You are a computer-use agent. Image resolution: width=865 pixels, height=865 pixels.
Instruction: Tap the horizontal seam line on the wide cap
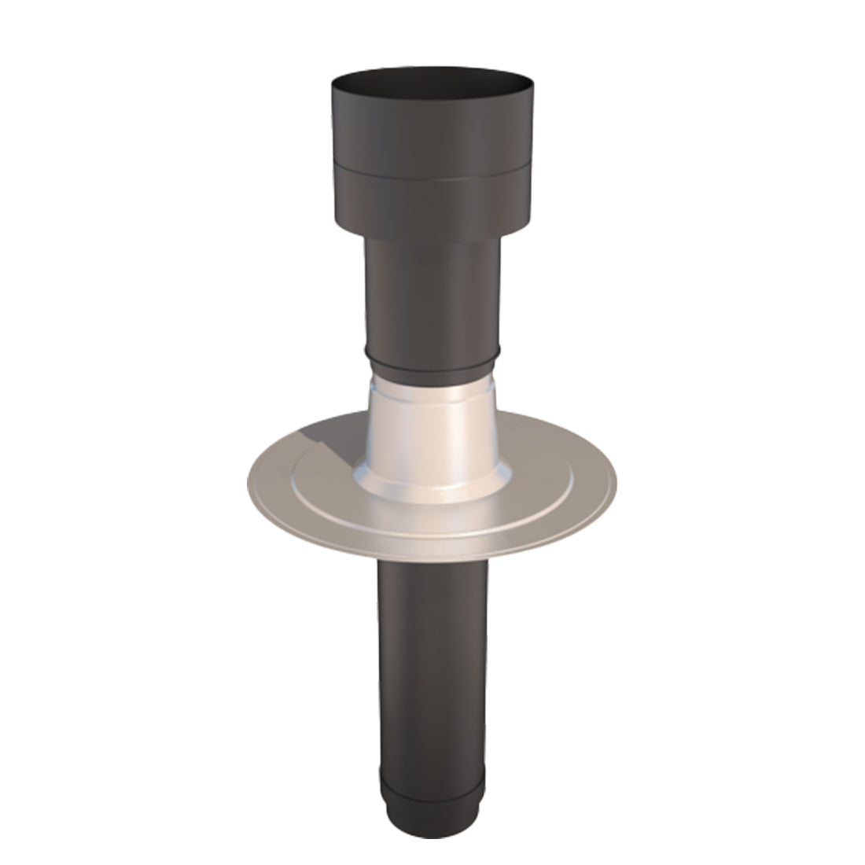(432, 171)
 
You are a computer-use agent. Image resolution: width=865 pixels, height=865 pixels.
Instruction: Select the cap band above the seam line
(432, 134)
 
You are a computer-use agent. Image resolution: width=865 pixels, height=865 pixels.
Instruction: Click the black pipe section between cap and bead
(432, 307)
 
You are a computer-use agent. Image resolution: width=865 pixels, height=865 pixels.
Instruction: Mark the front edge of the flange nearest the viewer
(432, 553)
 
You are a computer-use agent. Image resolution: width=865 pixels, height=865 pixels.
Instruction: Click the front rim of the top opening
(432, 97)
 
